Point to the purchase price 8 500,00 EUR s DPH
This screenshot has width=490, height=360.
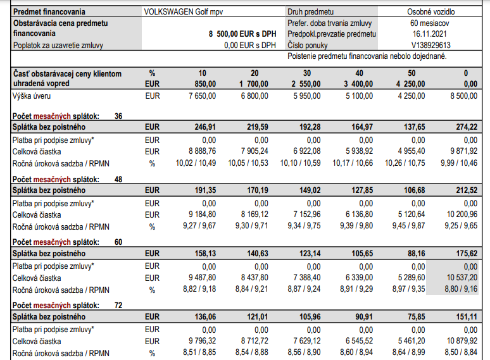click(x=242, y=34)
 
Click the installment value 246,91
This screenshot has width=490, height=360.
click(x=202, y=127)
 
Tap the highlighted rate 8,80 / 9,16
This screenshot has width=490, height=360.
click(x=459, y=290)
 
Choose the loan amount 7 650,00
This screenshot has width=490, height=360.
click(x=202, y=96)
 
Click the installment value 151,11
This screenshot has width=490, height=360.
click(x=463, y=316)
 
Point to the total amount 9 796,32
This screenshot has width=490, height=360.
click(x=202, y=342)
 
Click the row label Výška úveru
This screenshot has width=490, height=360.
click(x=32, y=96)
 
